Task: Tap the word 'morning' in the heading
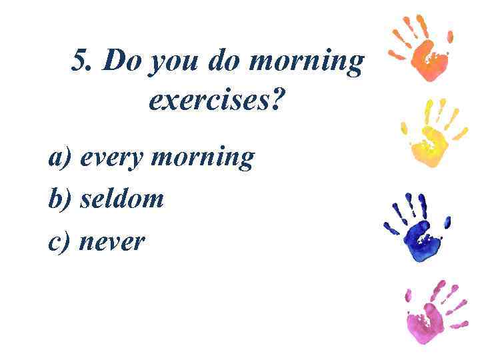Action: [x=306, y=63]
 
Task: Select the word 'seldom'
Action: [x=122, y=199]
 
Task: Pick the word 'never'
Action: [x=111, y=242]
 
